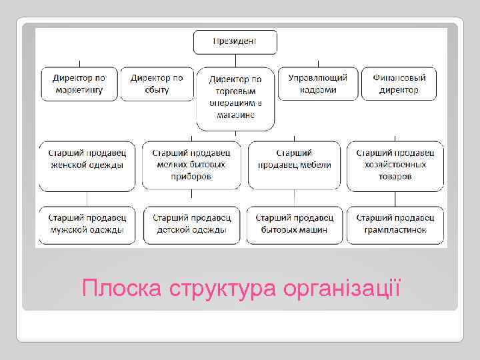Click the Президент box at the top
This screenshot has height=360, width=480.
point(235,42)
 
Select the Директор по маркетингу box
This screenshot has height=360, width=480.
point(79,83)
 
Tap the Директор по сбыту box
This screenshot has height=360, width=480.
point(157,83)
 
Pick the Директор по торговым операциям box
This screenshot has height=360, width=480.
point(235,97)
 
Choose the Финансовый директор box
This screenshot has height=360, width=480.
point(399,83)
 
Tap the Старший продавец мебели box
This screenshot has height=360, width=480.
point(294,165)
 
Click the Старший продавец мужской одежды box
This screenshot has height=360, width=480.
point(87,225)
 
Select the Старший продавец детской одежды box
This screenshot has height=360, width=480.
point(192,225)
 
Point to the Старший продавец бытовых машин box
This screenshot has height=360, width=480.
point(294,225)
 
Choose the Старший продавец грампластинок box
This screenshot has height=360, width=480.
point(395,225)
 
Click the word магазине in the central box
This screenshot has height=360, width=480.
point(235,115)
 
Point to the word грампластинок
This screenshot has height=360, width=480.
point(395,230)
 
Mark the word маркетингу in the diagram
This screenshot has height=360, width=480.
point(79,89)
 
